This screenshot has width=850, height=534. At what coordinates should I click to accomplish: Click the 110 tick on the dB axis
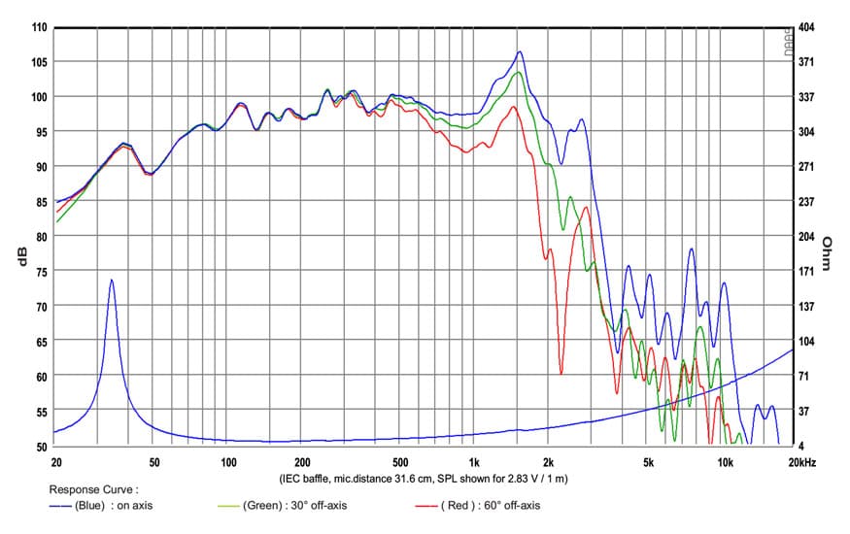[40, 27]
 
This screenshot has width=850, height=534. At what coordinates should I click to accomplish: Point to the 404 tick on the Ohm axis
[806, 27]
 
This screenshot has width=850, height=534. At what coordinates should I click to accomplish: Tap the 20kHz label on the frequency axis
[802, 462]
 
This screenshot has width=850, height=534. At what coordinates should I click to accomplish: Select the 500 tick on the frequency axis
[400, 462]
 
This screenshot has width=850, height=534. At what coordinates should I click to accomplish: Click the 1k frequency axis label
[474, 462]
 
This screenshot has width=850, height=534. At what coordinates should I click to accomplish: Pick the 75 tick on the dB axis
[41, 271]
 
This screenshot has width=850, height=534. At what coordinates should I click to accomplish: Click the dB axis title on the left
[22, 256]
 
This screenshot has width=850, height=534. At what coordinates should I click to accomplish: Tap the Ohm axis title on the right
[826, 252]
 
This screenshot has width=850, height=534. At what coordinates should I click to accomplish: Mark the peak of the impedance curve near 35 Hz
[112, 280]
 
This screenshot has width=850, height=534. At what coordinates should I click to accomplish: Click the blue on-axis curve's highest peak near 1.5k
[520, 52]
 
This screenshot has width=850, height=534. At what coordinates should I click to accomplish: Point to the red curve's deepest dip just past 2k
[561, 374]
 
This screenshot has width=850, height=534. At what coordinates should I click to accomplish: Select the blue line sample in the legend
[60, 507]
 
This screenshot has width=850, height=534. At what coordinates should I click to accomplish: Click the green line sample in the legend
[228, 507]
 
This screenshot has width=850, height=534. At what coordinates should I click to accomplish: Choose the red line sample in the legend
[426, 507]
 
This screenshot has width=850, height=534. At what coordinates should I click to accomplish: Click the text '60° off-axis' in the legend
[512, 505]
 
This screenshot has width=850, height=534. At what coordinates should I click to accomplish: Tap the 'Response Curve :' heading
[94, 489]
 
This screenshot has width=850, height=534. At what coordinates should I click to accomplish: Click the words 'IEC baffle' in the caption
[304, 479]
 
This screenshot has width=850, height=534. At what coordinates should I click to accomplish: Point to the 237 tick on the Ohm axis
[806, 202]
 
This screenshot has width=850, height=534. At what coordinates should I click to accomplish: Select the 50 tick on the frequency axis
[154, 462]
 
